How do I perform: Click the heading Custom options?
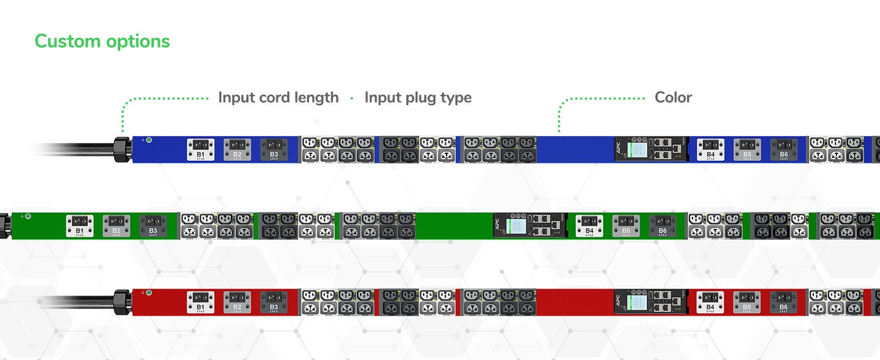coord(102,41)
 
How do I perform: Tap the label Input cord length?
coord(278,97)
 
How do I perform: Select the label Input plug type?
coord(418,97)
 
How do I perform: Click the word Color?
coord(673,97)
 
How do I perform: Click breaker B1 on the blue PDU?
coord(200,149)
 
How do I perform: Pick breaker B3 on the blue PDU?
coord(273,149)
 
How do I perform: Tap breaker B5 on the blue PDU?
coord(747,149)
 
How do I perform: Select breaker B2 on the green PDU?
coord(116,225)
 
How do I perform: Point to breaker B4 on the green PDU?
coord(589,225)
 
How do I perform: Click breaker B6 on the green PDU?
coord(662,225)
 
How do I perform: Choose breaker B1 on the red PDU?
coord(200,302)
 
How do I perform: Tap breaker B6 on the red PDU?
coord(784,302)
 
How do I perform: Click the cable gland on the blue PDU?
coord(122,149)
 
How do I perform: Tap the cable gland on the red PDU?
coord(122,302)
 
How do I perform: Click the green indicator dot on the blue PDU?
coord(149,140)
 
